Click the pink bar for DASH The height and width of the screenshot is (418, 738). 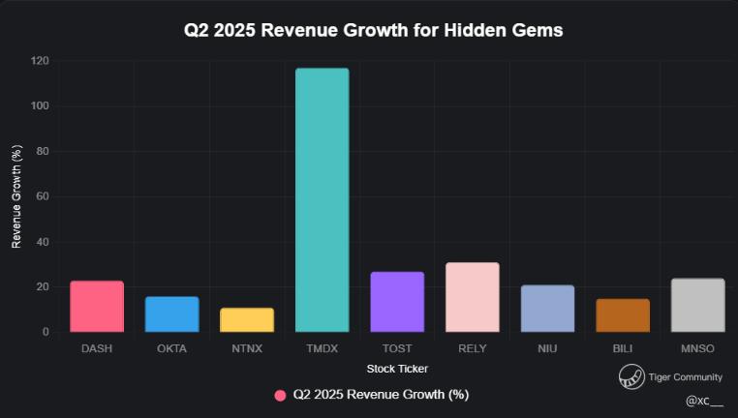pyautogui.click(x=97, y=307)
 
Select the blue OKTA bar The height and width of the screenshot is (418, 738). pyautogui.click(x=172, y=314)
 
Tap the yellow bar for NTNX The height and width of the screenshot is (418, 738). pyautogui.click(x=247, y=320)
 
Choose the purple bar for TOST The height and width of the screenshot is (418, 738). pyautogui.click(x=397, y=302)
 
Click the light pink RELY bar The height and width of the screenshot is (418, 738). pyautogui.click(x=473, y=297)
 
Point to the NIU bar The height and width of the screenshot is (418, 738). pyautogui.click(x=547, y=309)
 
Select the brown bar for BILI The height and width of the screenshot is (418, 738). pyautogui.click(x=623, y=315)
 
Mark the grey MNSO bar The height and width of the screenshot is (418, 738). pyautogui.click(x=697, y=306)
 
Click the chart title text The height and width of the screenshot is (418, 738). pyautogui.click(x=374, y=31)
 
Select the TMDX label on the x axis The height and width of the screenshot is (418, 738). pyautogui.click(x=323, y=348)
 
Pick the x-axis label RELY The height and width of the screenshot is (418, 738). pyautogui.click(x=473, y=348)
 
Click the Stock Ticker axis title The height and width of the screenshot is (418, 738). pyautogui.click(x=397, y=369)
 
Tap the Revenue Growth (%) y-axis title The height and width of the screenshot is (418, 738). pyautogui.click(x=16, y=196)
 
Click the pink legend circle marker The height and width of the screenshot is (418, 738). pyautogui.click(x=280, y=395)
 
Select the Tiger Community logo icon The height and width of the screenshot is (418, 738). pyautogui.click(x=631, y=377)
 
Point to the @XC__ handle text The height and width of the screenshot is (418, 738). pyautogui.click(x=704, y=400)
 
